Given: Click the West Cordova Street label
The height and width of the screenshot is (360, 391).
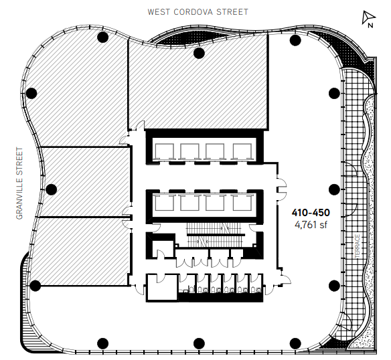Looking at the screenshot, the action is [198, 12].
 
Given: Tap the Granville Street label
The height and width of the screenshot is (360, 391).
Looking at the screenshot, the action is [19, 183].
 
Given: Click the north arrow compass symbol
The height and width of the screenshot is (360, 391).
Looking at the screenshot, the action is [368, 19].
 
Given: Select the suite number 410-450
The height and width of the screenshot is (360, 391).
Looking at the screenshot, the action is [311, 213].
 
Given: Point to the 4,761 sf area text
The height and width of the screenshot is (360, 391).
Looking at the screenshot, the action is [311, 225].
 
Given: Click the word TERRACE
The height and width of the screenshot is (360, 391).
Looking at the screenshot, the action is [357, 246].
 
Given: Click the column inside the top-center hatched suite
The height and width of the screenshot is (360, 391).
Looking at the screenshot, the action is [199, 53].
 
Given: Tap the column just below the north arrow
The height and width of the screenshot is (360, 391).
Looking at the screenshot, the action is [295, 40].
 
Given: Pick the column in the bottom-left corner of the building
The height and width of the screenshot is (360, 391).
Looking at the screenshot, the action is [35, 286].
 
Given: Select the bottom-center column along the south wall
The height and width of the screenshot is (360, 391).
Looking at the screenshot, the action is [199, 343].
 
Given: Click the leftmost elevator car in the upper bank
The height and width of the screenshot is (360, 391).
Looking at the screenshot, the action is [164, 151].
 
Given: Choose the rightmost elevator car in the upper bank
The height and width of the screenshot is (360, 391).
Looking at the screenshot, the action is [242, 151].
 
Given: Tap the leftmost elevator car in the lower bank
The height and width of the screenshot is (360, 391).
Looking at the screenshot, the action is [164, 202].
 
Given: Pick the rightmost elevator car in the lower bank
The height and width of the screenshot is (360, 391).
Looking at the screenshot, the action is [242, 202].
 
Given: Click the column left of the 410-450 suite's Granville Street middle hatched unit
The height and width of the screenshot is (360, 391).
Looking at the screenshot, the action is [51, 189].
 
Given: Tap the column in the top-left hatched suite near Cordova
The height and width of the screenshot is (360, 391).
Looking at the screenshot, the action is [102, 37].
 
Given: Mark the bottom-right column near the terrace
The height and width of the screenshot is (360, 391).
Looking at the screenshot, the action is [334, 286].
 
